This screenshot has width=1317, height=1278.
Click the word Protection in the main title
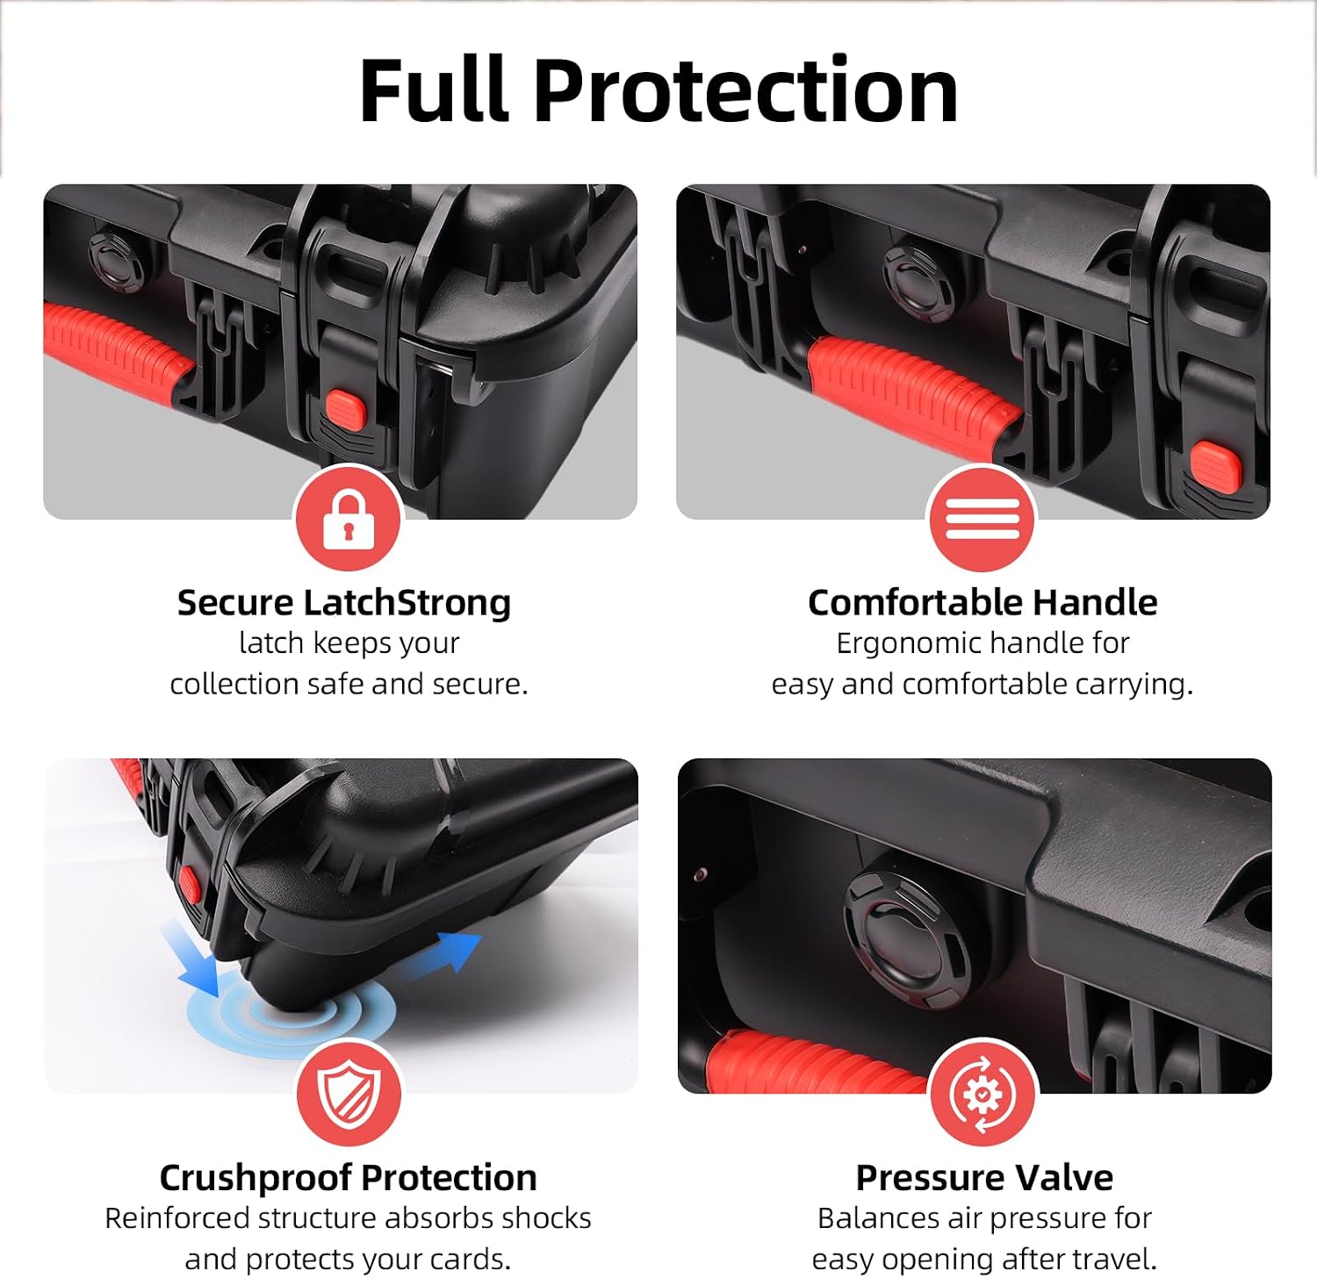pos(745,90)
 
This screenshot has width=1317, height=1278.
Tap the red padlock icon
pos(349,519)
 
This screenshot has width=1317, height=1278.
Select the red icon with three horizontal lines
pos(982,519)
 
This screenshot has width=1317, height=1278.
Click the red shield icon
pos(349,1093)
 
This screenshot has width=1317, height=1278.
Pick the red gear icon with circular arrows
pos(982,1093)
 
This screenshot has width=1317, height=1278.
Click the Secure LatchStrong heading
pos(344,603)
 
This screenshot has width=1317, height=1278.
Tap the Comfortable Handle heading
pos(982,603)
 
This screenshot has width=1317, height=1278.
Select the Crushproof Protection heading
pos(349,1178)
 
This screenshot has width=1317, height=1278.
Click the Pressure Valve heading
pos(984,1177)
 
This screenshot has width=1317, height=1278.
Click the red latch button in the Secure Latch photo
pos(345,411)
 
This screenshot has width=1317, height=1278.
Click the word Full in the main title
pos(435,90)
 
